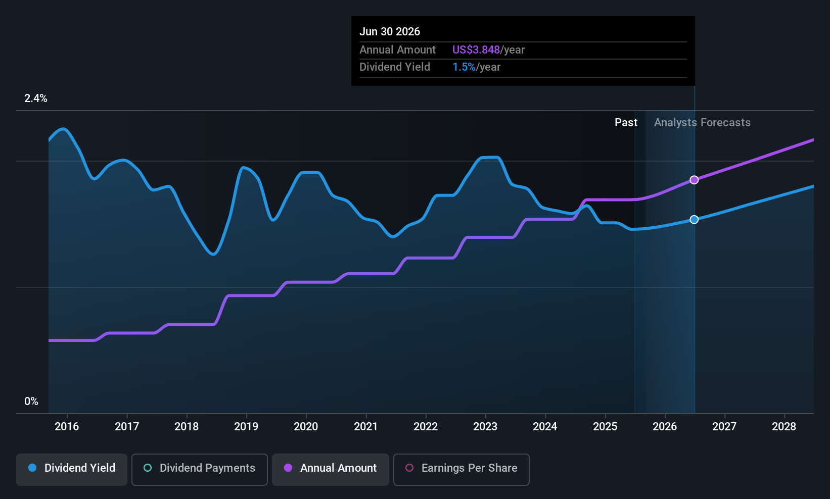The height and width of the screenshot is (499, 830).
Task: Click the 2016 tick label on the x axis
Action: point(67,426)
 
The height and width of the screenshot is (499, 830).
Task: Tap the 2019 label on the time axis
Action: point(246,426)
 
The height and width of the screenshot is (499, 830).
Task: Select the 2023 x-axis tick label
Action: point(485,426)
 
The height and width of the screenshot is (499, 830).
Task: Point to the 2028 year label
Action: point(784,426)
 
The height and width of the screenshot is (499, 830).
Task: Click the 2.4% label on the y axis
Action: point(36,98)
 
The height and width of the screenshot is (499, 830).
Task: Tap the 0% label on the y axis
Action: point(31,402)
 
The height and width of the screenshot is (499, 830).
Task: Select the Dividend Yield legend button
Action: point(72,468)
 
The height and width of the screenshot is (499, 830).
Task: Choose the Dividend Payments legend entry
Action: point(200,468)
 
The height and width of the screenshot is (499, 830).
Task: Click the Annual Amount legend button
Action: point(331,468)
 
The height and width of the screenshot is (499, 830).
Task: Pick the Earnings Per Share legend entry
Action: point(461,468)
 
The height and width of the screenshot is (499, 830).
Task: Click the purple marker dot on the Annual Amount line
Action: point(694,180)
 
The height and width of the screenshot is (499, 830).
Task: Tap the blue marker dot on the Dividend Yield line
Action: point(694,219)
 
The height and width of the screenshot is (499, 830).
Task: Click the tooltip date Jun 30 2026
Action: point(390,31)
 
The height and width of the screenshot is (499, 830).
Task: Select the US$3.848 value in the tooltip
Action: point(476,49)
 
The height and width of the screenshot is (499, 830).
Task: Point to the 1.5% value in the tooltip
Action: point(464,67)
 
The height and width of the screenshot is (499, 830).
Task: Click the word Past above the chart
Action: point(626,122)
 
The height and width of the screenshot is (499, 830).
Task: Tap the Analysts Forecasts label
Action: point(702,122)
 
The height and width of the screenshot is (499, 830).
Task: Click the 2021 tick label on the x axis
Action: point(366,426)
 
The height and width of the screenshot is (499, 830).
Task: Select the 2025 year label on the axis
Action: point(605,426)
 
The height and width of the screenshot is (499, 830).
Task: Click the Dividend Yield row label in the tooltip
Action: point(395,67)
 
